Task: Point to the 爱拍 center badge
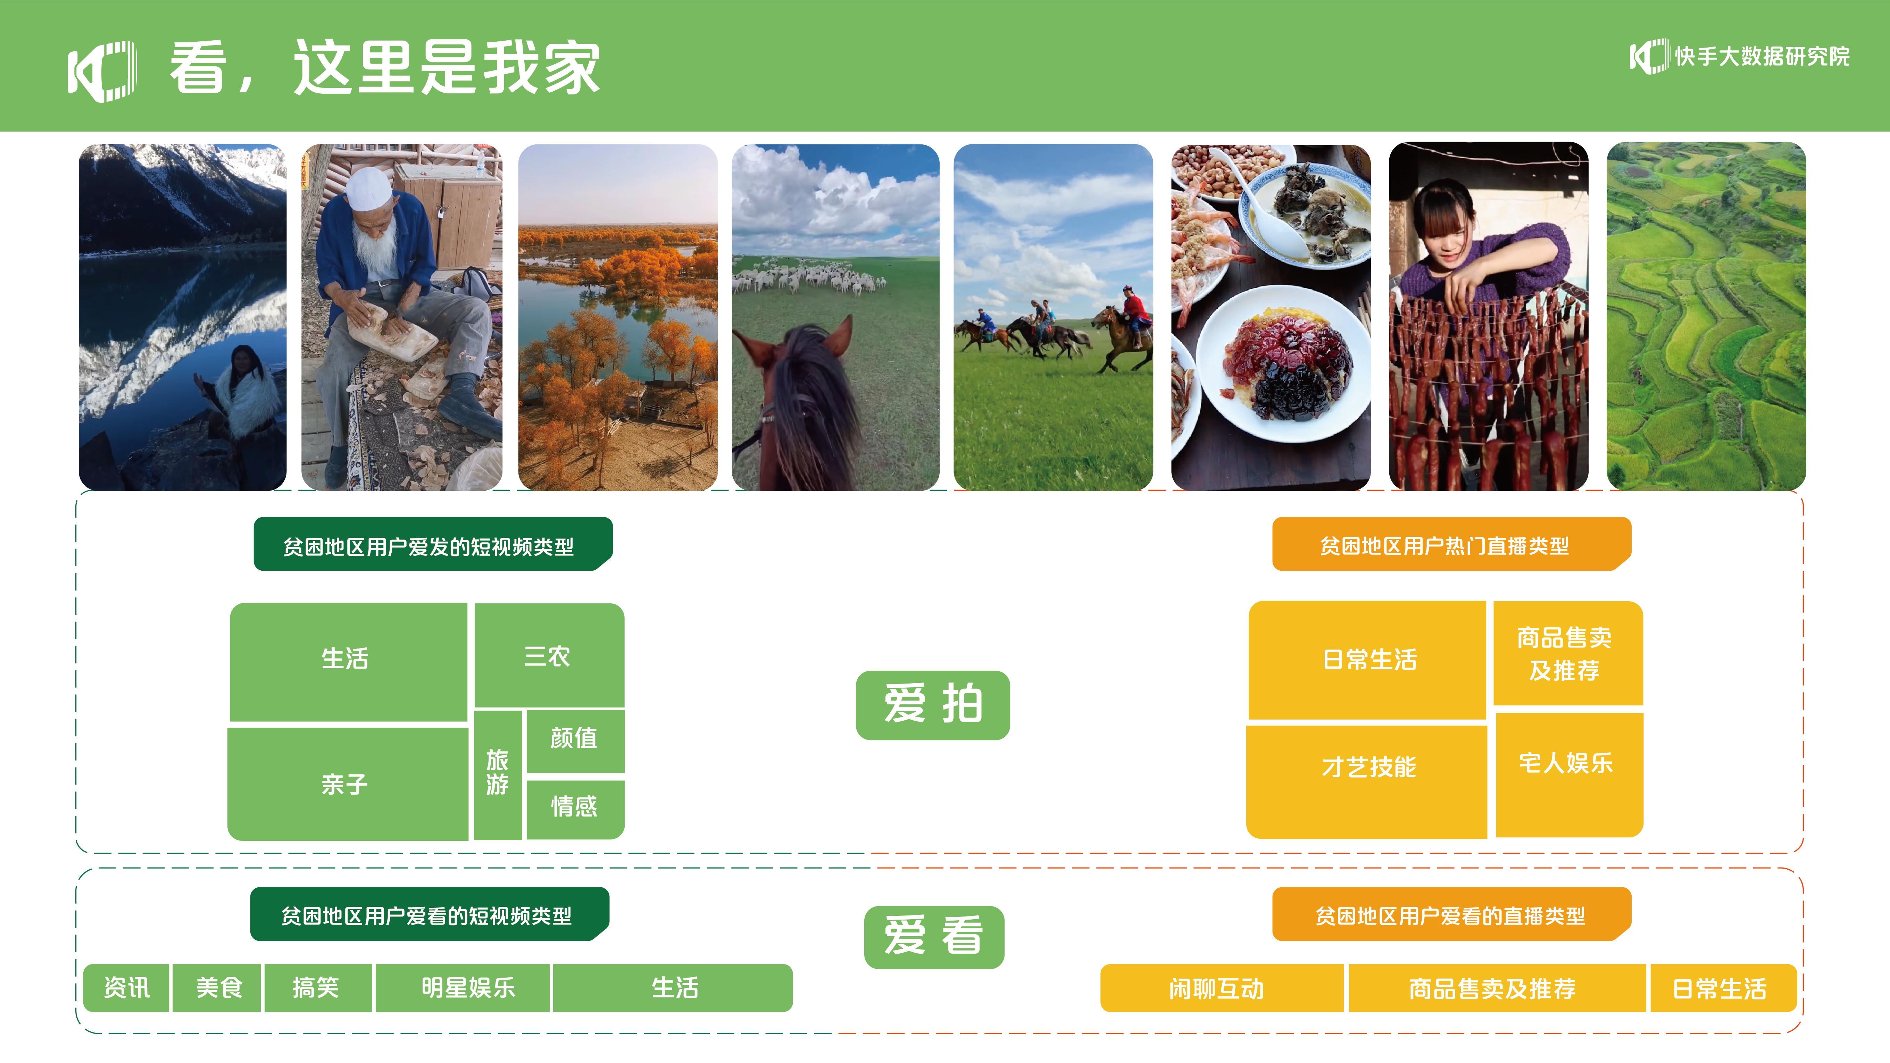(933, 705)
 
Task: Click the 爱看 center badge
(934, 937)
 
